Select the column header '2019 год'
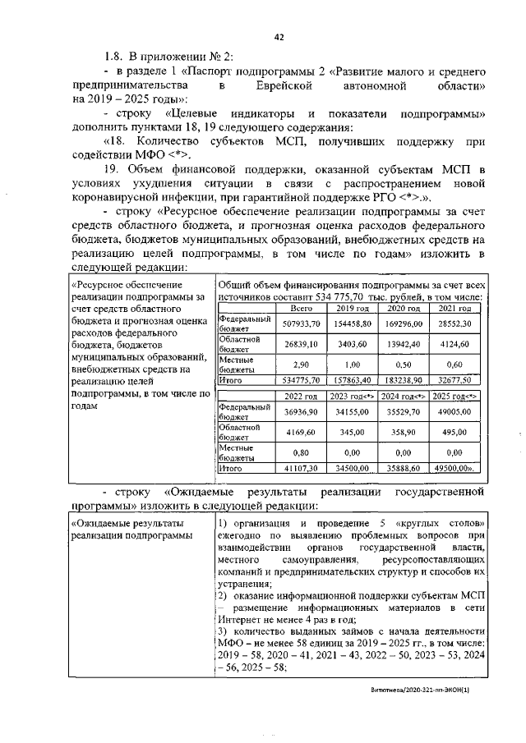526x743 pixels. click(x=351, y=308)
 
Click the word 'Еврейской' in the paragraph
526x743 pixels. click(x=279, y=85)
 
